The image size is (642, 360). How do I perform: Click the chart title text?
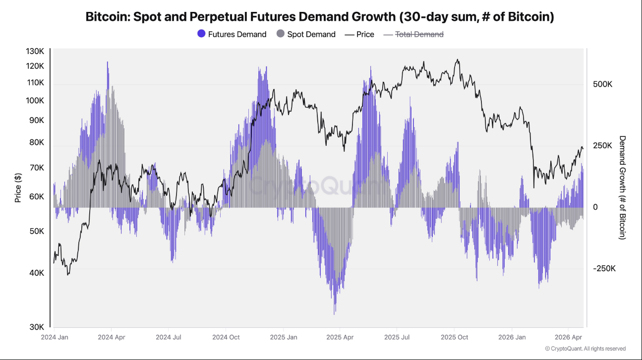pos(320,16)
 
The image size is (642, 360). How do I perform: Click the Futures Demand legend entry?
pos(232,34)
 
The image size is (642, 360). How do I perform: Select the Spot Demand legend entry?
pos(306,34)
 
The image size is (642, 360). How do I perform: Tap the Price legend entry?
pos(359,34)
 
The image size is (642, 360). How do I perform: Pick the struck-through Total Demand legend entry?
pos(413,34)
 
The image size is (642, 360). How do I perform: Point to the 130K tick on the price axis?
pos(35,52)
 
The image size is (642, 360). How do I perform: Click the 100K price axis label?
pos(35,101)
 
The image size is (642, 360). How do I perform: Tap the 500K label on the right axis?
pos(602,84)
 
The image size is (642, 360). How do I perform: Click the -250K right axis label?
pos(604,269)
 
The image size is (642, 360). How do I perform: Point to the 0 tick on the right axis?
pos(595,207)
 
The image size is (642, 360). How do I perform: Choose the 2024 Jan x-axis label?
pos(54,337)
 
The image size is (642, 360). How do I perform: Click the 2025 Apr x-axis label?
pos(340,337)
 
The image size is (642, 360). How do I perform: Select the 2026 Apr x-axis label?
pos(568,337)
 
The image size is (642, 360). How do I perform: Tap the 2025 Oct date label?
pos(454,337)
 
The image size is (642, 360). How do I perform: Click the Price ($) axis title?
pos(18,187)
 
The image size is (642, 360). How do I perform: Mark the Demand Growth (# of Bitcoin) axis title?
pos(622,187)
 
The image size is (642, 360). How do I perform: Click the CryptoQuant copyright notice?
pos(585,349)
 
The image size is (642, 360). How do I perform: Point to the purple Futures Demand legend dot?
pos(201,34)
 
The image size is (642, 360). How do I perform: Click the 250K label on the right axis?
pos(602,146)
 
